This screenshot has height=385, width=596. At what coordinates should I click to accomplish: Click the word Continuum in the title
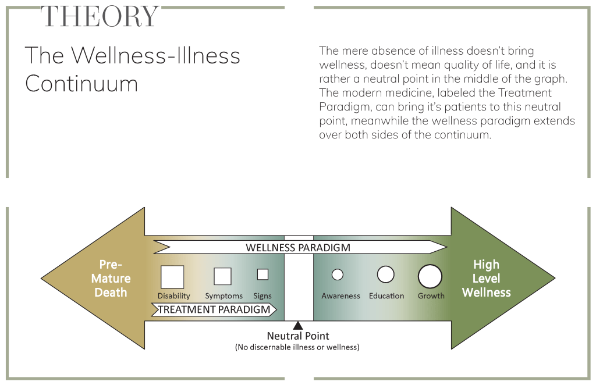(x=81, y=84)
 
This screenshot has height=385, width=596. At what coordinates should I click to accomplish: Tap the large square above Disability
(x=172, y=277)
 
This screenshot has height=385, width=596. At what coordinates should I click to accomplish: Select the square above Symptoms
(x=222, y=276)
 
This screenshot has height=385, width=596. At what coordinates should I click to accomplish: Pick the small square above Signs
(x=262, y=275)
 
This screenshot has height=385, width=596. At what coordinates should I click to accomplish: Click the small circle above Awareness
(x=338, y=275)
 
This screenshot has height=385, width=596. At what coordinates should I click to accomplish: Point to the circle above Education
(x=386, y=275)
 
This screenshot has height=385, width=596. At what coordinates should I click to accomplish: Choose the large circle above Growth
(x=430, y=276)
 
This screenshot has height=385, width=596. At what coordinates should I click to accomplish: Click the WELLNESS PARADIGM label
(x=298, y=247)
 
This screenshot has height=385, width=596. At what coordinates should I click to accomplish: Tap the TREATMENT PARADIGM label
(x=214, y=309)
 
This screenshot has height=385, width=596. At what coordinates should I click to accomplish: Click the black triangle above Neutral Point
(x=298, y=326)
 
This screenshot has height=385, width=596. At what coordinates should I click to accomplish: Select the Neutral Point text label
(x=298, y=336)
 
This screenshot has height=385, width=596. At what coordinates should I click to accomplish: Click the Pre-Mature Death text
(x=111, y=278)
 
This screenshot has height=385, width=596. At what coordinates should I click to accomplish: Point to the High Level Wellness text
(x=486, y=278)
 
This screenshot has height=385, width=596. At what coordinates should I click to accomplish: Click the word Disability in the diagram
(x=173, y=296)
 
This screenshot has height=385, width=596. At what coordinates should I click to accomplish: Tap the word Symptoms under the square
(x=223, y=296)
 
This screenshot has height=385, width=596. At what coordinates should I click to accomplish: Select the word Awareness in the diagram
(x=340, y=296)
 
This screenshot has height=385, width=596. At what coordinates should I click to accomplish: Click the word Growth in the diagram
(x=431, y=296)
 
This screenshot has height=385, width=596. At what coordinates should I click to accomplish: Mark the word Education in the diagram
(x=386, y=296)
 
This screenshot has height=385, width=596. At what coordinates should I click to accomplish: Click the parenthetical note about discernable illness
(x=297, y=347)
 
